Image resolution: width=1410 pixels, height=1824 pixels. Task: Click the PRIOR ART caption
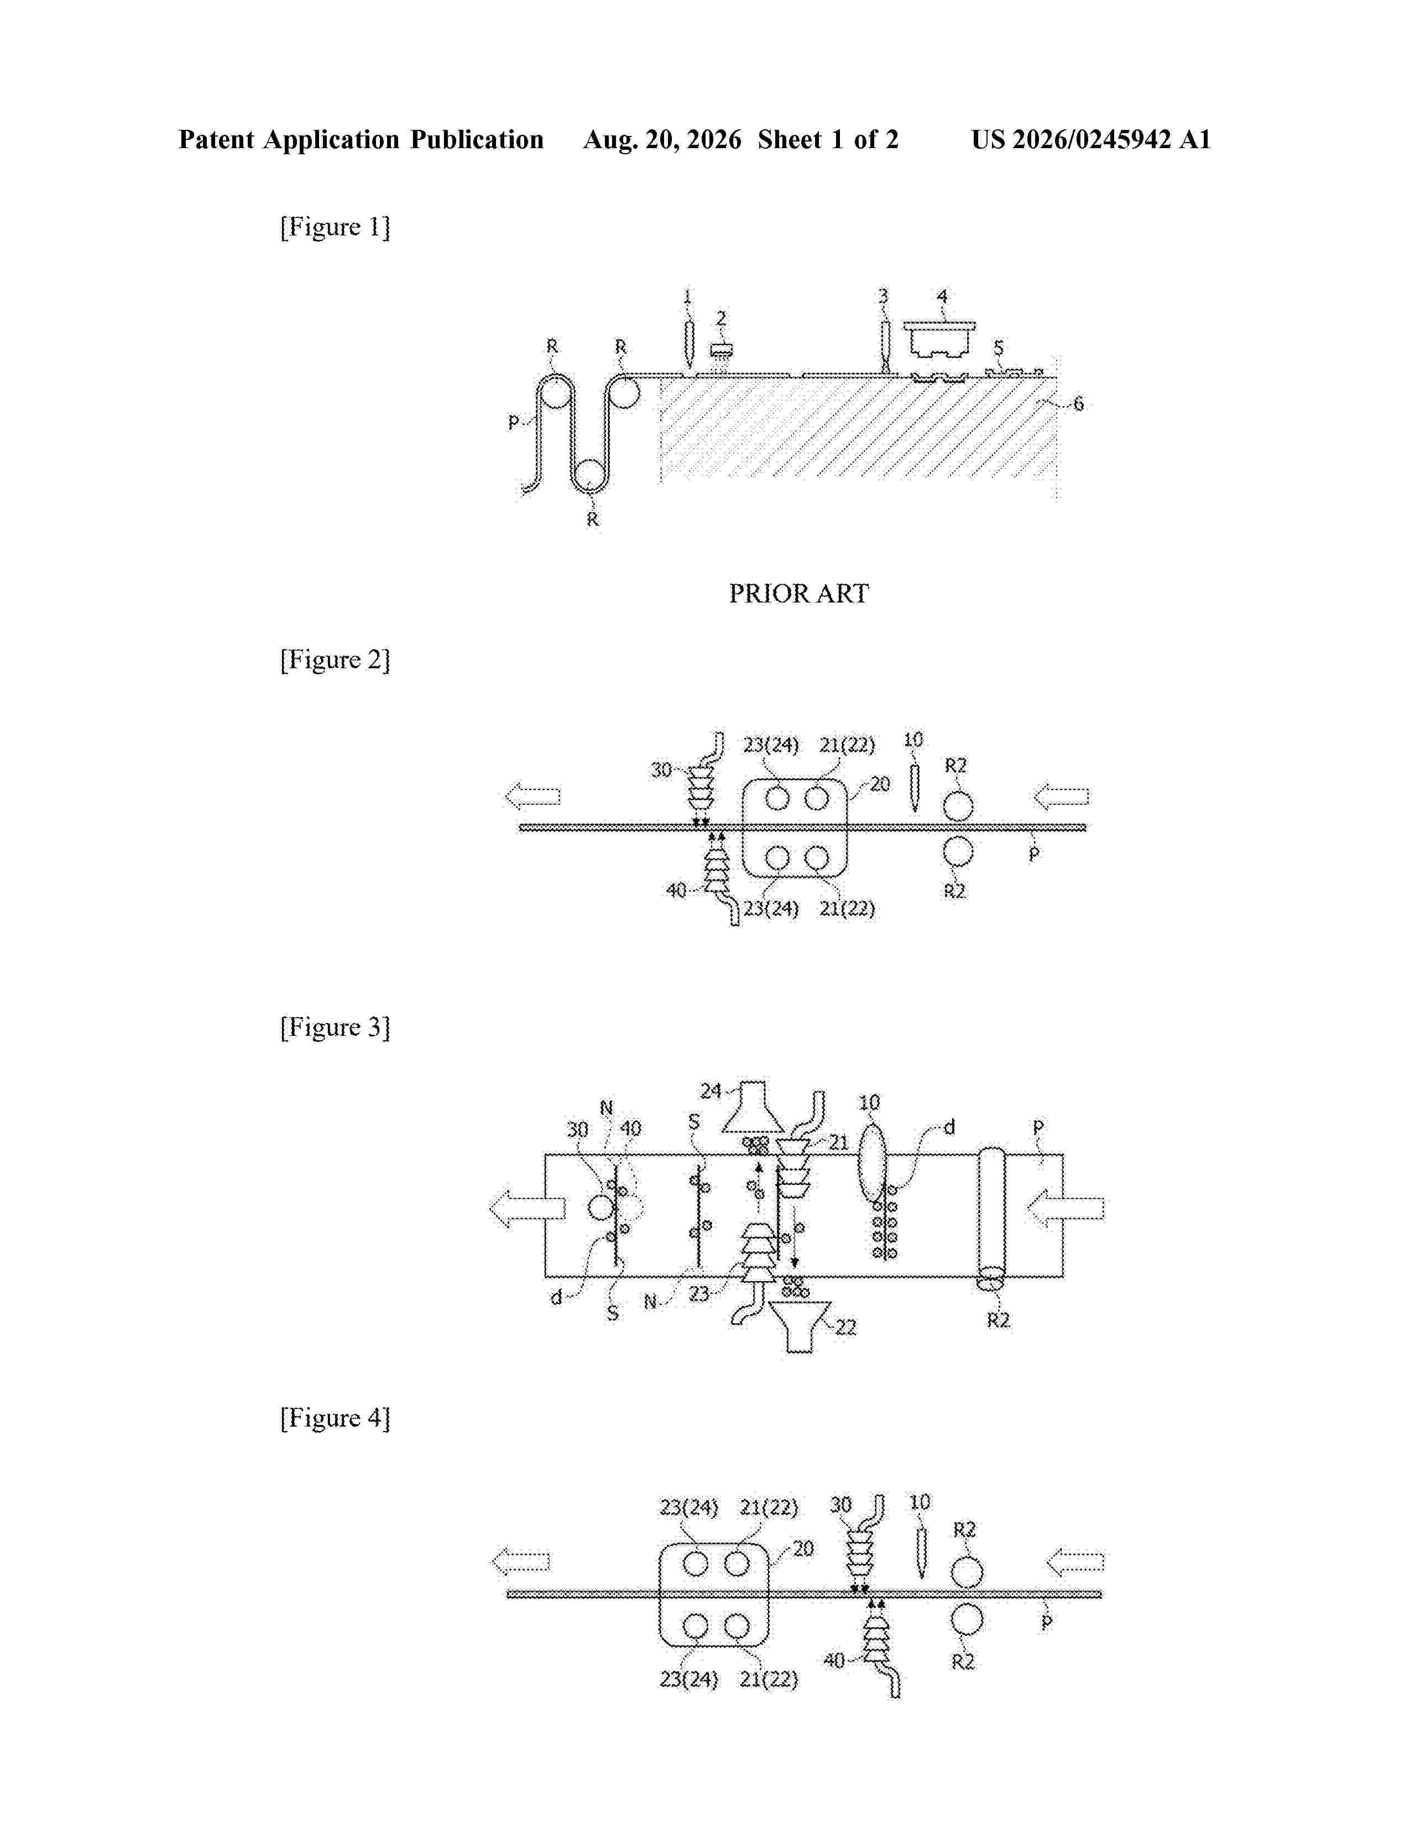point(798,594)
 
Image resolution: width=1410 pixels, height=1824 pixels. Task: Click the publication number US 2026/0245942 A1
point(1091,139)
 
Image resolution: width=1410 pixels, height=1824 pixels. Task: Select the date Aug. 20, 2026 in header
point(662,139)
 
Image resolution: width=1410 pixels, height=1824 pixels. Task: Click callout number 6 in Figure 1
point(1078,404)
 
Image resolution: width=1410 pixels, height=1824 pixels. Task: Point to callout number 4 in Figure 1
point(942,296)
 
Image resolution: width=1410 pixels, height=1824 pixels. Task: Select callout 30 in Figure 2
point(661,770)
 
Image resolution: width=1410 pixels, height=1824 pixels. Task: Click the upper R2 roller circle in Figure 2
point(958,806)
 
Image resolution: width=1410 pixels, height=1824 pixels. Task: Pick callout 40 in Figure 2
point(676,890)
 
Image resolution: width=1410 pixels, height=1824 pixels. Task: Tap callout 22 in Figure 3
point(846,1327)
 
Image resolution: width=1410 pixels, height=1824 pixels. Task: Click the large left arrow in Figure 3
point(528,1208)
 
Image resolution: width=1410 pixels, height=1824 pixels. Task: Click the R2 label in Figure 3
point(998,1320)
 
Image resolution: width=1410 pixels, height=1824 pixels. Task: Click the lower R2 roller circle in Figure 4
point(967,1619)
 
